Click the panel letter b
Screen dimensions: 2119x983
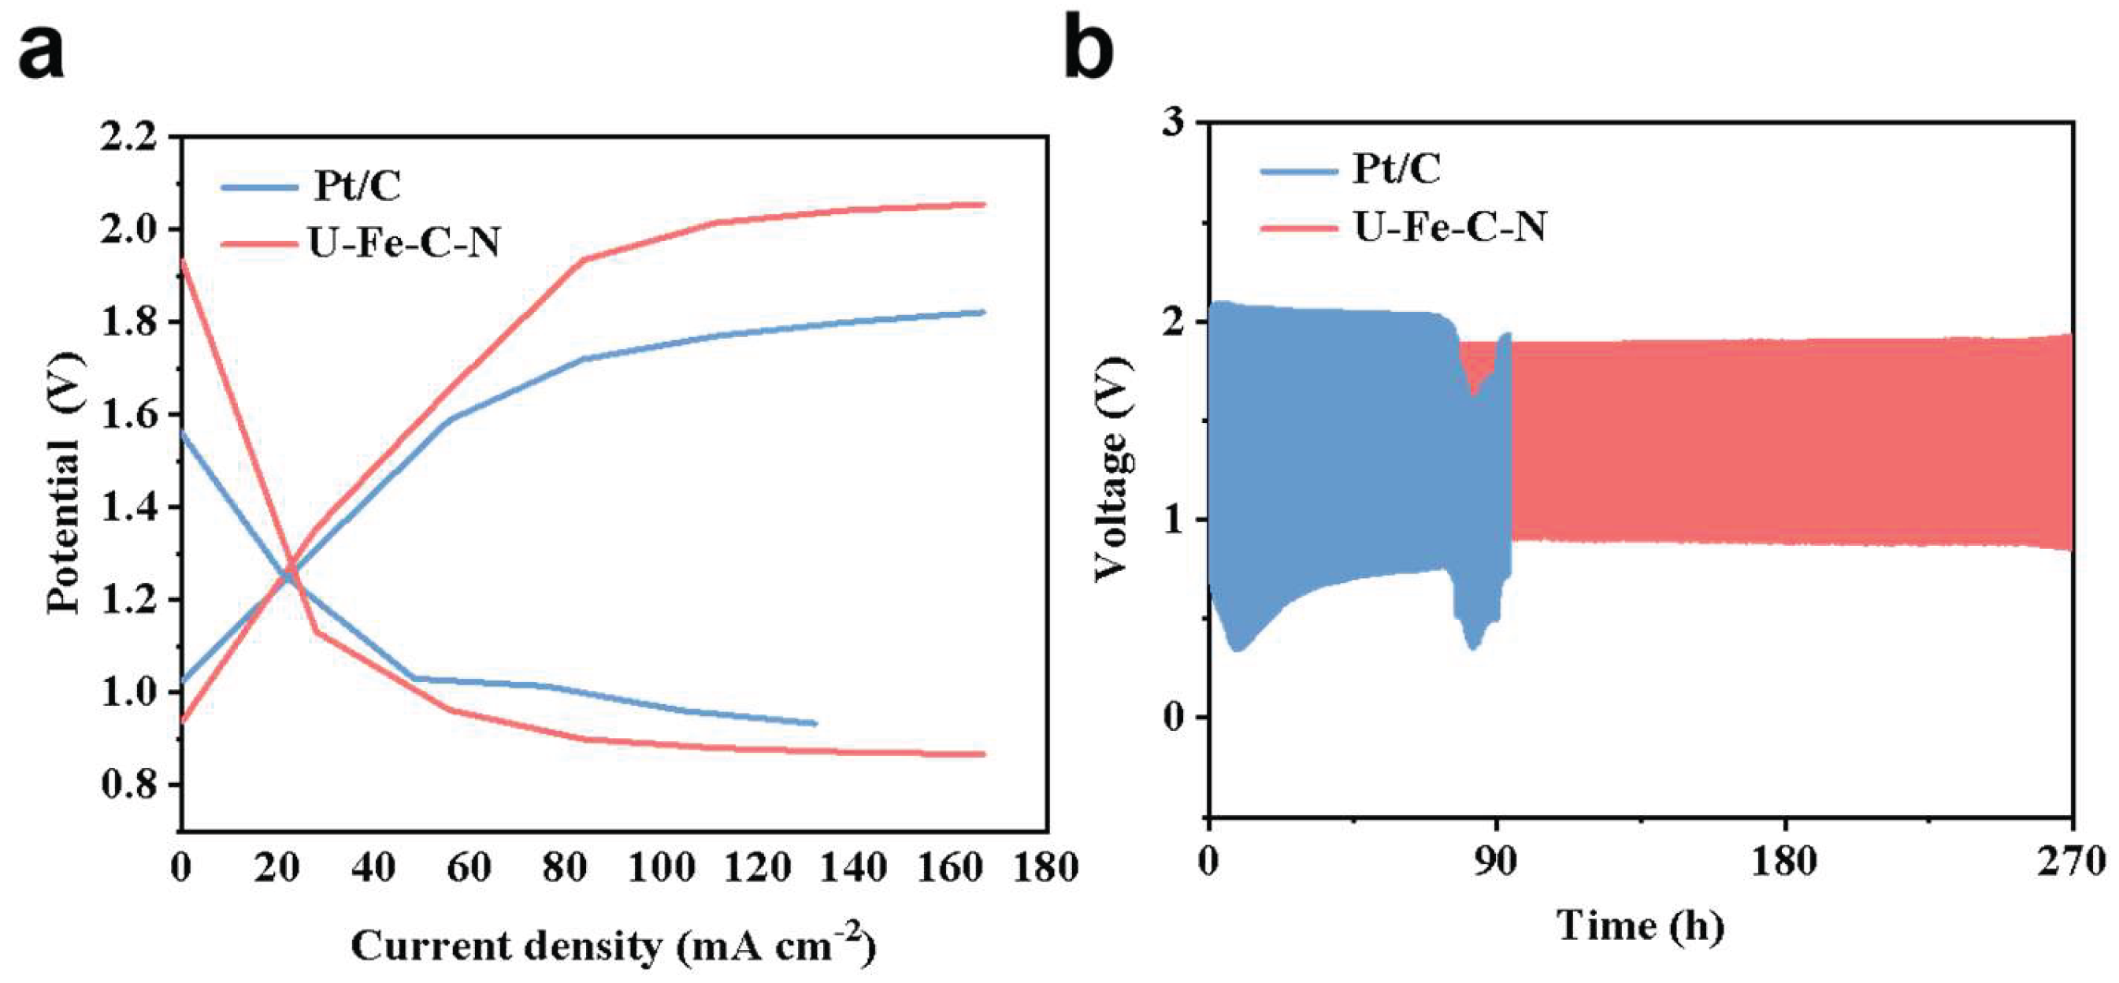[1089, 46]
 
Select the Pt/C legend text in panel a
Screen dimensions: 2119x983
[356, 185]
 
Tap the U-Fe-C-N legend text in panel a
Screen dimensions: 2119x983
[404, 242]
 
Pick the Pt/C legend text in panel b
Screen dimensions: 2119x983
[1397, 169]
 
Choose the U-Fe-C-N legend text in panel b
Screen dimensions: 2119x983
[1450, 225]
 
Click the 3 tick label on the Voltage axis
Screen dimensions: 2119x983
[1176, 122]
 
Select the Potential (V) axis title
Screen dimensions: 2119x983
[64, 482]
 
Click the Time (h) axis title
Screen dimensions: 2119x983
[1640, 926]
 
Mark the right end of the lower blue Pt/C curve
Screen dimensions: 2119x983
[816, 723]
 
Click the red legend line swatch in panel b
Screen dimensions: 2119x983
[1301, 227]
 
